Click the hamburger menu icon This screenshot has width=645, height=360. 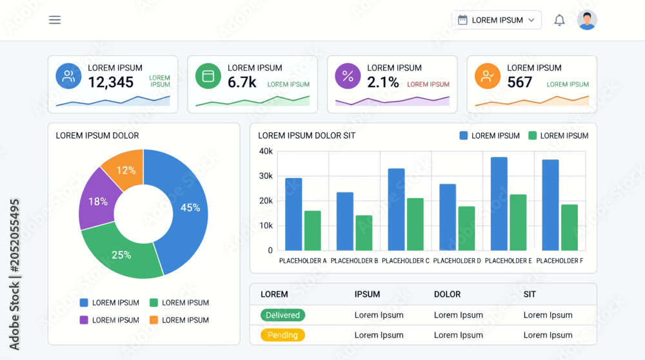tap(55, 20)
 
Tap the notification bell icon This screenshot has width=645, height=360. tap(559, 20)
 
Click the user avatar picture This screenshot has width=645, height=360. tap(587, 20)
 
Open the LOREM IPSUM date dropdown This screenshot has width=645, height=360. tap(497, 20)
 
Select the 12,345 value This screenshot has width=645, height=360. tap(111, 83)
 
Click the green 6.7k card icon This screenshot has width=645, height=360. tap(208, 76)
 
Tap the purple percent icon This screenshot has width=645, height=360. tap(348, 76)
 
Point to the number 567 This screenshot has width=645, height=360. tap(519, 83)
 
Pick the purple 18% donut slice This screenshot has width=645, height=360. tap(98, 200)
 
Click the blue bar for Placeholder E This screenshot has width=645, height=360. tap(499, 204)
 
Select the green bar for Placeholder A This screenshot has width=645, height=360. tap(313, 231)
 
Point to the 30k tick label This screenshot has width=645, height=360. tap(266, 176)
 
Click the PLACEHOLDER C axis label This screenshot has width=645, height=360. tap(406, 261)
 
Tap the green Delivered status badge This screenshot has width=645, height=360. tap(283, 315)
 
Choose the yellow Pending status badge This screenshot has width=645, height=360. tap(283, 335)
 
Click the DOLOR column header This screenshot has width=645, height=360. tap(447, 295)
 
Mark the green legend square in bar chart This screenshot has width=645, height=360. tap(532, 135)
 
